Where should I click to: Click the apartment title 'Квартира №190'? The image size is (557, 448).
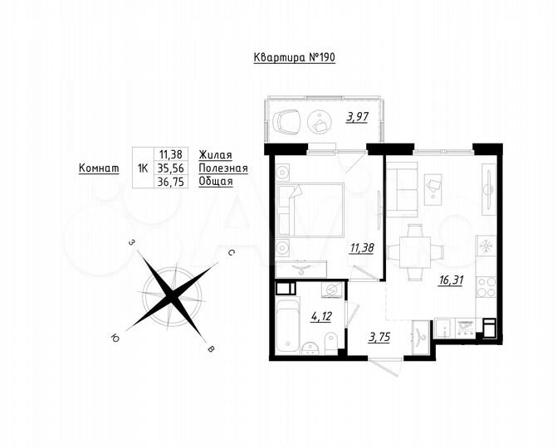click(x=294, y=58)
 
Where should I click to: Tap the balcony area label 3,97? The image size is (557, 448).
click(x=357, y=117)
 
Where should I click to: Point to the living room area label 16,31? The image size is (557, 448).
click(x=451, y=280)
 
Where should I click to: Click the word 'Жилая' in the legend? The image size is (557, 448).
click(x=215, y=154)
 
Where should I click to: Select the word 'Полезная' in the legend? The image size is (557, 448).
click(x=223, y=168)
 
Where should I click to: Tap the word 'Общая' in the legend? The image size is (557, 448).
click(x=216, y=181)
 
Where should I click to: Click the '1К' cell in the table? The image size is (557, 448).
click(x=143, y=168)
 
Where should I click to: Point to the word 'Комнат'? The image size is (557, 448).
click(x=97, y=168)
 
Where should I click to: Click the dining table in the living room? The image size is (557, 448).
click(x=415, y=251)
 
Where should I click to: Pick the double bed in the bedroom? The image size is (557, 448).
click(x=311, y=209)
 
